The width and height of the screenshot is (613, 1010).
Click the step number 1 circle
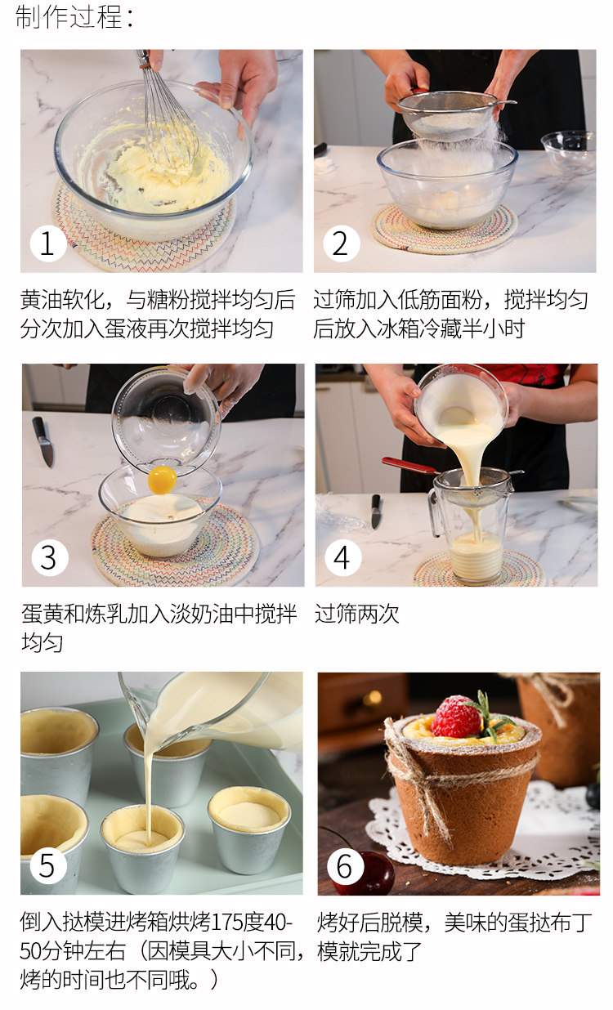48,244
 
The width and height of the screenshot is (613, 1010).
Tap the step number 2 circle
342,244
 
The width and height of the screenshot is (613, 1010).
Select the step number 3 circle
50,557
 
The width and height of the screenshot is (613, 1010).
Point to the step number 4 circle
342,557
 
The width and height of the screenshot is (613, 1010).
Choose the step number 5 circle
48,865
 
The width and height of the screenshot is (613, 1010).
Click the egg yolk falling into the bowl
162,480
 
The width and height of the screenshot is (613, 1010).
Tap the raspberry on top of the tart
456,717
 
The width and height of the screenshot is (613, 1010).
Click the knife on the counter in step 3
43,442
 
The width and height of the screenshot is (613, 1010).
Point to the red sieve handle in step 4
409,465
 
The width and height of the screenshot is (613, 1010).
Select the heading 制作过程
74,18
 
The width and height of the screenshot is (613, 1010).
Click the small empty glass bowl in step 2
569,151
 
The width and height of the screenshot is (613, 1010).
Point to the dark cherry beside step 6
368,873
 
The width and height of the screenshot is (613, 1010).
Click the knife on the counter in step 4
376,512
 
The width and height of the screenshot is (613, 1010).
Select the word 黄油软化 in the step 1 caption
62,299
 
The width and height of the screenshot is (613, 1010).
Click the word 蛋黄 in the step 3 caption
43,614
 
